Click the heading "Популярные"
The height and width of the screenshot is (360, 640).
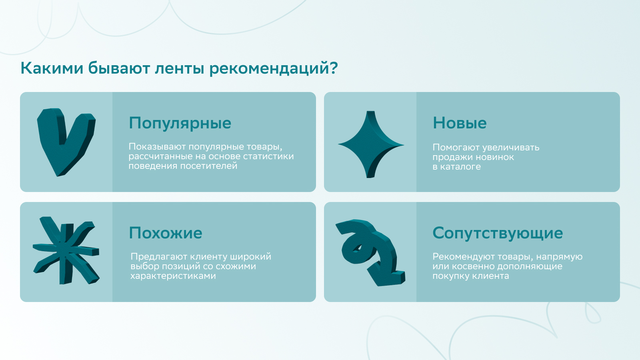point(180,124)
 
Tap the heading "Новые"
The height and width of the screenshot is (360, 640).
point(460,123)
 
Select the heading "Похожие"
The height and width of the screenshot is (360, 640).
point(166,233)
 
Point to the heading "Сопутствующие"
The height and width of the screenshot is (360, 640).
point(498,234)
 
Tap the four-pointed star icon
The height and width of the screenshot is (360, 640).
point(371,144)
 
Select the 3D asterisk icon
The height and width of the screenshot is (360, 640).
point(66,250)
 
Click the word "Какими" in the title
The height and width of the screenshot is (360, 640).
point(52,68)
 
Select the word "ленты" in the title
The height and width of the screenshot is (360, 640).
point(180,69)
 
